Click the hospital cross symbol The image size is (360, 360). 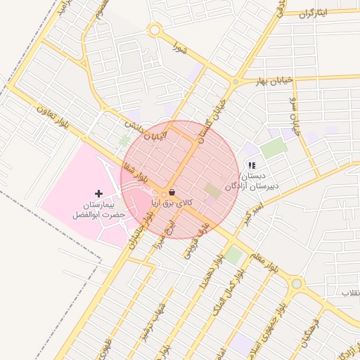(x=98, y=193)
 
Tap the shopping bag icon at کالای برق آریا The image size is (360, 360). (x=172, y=192)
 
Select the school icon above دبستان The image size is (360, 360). (x=251, y=166)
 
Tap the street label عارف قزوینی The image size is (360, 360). (x=193, y=241)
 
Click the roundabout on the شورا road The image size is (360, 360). (x=155, y=30)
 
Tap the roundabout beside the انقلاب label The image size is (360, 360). (x=297, y=284)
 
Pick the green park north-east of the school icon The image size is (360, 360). (x=274, y=148)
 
